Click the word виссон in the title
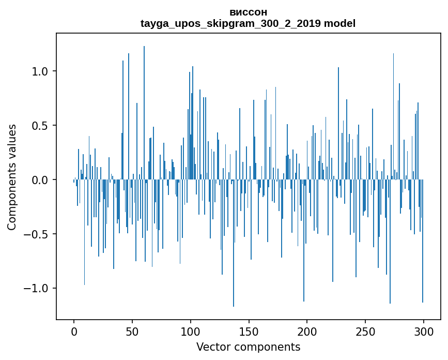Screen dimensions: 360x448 pos(248,12)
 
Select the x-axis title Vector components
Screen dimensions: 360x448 pos(248,347)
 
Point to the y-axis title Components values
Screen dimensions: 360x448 pos(12,177)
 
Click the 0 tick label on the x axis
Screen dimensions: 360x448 pos(74,331)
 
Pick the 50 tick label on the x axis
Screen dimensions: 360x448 pos(132,331)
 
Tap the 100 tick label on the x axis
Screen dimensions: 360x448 pos(191,331)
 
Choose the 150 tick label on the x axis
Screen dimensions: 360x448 pos(249,331)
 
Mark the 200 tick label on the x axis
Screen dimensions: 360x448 pos(307,331)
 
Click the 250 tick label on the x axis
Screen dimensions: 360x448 pos(365,331)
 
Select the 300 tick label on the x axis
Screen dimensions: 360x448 pos(424,331)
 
